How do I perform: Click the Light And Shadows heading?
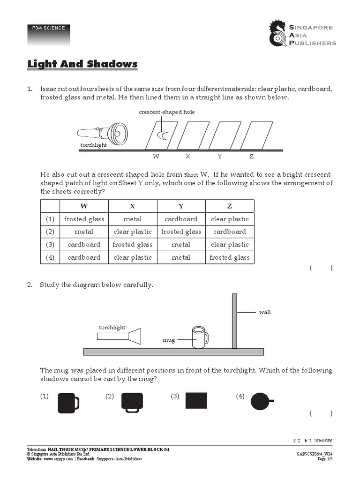tap(82, 64)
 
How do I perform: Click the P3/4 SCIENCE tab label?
tap(49, 28)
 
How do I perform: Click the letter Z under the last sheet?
tap(251, 157)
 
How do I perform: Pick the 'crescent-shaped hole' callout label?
tap(166, 112)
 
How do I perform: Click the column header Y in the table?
tap(181, 206)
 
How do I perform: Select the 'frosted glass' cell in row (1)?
tap(84, 219)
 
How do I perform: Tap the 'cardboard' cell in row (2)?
tap(230, 232)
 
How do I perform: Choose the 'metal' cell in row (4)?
tap(181, 257)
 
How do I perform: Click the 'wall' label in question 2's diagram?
tap(265, 312)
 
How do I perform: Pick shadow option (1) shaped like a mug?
tap(68, 402)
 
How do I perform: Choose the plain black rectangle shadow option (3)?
tap(196, 401)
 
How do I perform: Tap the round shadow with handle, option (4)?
tap(262, 401)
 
